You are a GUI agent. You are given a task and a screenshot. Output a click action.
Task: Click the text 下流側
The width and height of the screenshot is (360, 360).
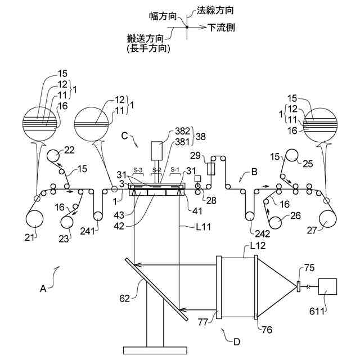point(221,26)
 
